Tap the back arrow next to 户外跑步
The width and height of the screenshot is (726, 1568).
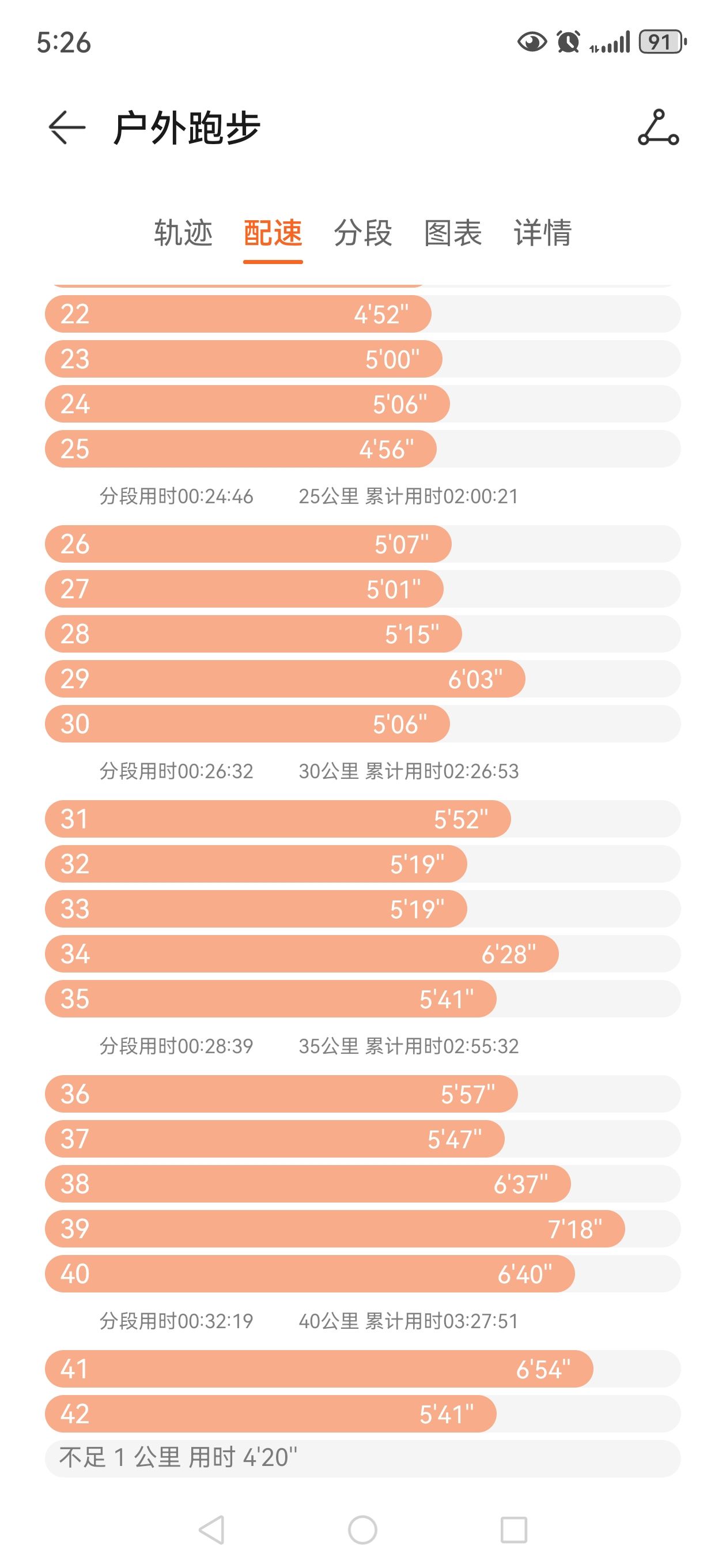pos(66,128)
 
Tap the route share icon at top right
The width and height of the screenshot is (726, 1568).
pos(658,128)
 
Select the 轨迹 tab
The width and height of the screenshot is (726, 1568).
pos(183,233)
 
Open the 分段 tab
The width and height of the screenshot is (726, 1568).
pos(362,233)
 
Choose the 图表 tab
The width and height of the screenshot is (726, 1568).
pos(453,233)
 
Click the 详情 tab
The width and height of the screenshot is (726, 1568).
pos(542,233)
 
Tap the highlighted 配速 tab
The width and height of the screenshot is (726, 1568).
pos(273,233)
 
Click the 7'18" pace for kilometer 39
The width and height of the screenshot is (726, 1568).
pos(574,1229)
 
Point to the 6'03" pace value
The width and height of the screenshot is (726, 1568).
pos(475,679)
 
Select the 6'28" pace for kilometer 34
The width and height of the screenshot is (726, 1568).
pos(508,955)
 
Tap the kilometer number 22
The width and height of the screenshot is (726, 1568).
pos(75,314)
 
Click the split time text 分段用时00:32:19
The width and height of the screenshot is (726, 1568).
pos(176,1321)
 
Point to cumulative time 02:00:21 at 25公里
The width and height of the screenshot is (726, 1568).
pos(409,497)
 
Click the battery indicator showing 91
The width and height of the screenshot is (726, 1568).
pos(661,42)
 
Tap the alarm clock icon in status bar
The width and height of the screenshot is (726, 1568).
pos(568,42)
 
